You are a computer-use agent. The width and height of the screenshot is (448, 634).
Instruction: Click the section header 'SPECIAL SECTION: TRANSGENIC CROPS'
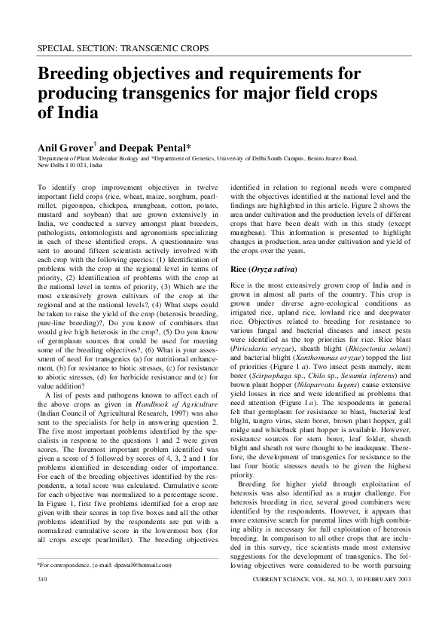pos(123,49)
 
